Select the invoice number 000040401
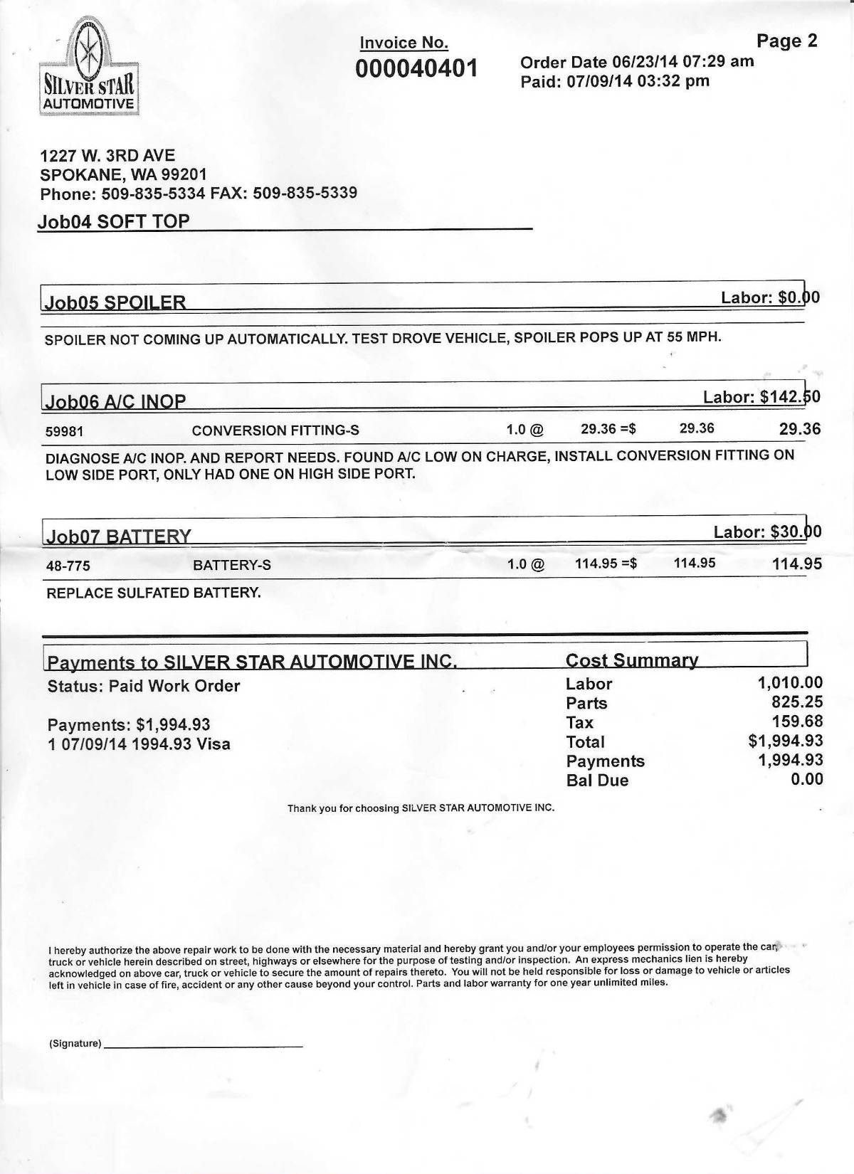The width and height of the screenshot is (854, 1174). click(417, 69)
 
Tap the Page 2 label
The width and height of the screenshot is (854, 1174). click(786, 41)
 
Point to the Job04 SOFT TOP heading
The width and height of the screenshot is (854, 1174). click(114, 221)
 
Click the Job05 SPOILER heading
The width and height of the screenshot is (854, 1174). click(115, 302)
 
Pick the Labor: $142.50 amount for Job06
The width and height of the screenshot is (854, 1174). click(761, 397)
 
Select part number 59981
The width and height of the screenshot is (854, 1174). click(65, 431)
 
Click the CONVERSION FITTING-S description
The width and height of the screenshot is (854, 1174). click(275, 430)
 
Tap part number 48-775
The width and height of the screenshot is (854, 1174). click(68, 566)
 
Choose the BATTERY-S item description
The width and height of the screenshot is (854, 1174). click(232, 566)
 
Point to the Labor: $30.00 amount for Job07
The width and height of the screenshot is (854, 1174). click(767, 532)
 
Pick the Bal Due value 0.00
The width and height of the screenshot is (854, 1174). click(807, 780)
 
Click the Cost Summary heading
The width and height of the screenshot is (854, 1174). click(631, 660)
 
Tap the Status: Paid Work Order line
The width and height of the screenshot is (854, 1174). click(144, 686)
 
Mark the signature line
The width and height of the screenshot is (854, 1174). click(203, 1045)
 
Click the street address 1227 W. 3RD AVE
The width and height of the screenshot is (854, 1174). click(107, 156)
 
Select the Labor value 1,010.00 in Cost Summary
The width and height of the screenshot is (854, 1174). click(790, 684)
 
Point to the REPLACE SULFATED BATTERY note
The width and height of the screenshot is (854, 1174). click(154, 593)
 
